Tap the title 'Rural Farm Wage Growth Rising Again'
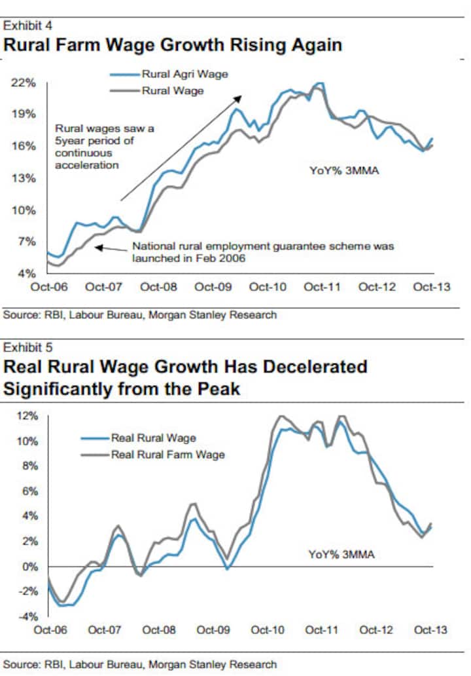pyautogui.click(x=173, y=45)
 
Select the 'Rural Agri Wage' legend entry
pyautogui.click(x=184, y=74)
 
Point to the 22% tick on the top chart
pyautogui.click(x=23, y=83)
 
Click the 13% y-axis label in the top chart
pyautogui.click(x=23, y=178)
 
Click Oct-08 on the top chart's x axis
pyautogui.click(x=158, y=287)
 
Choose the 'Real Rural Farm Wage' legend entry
pyautogui.click(x=167, y=455)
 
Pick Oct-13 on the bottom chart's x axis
pyautogui.click(x=430, y=630)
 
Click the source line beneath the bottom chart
pyautogui.click(x=140, y=664)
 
